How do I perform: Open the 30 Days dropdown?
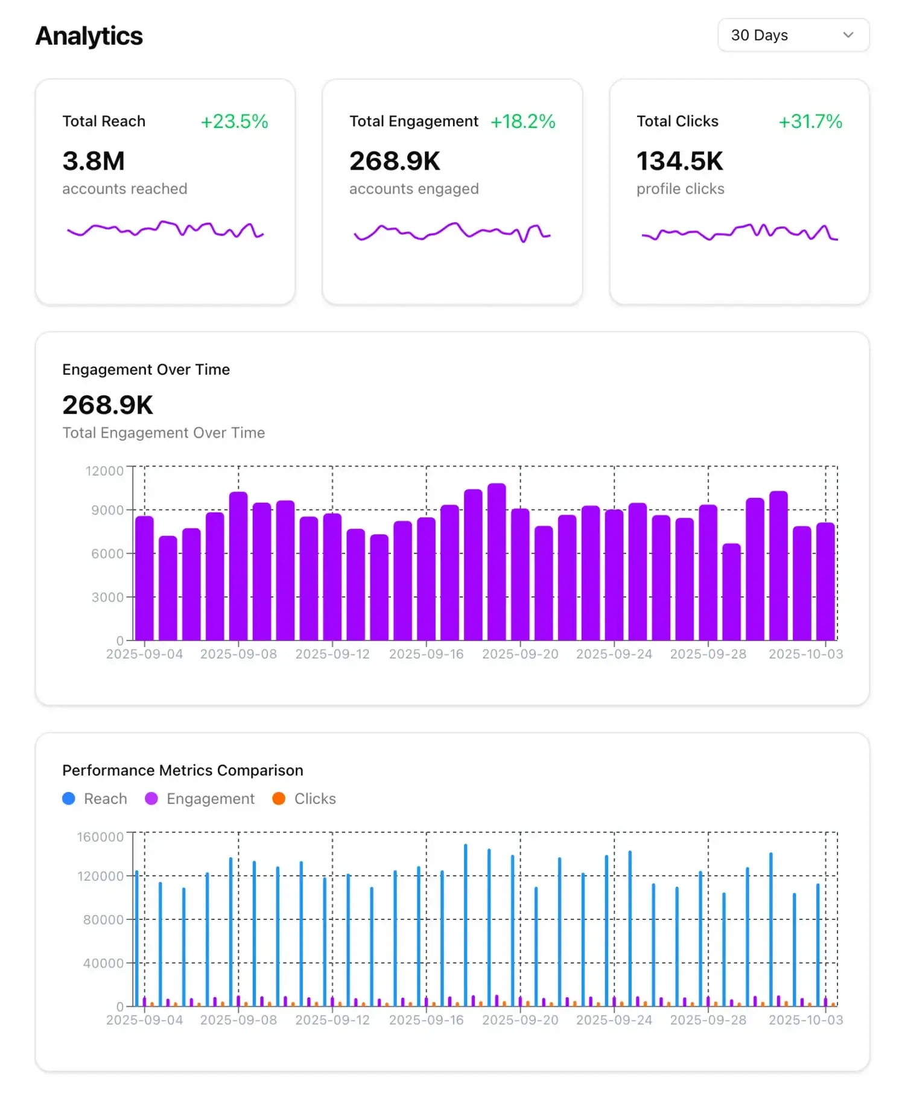(x=793, y=35)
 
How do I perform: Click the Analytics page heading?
(x=89, y=36)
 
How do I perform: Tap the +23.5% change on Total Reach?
(x=234, y=121)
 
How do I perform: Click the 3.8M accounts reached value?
(x=94, y=161)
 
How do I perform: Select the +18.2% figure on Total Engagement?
(x=522, y=121)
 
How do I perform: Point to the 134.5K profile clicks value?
(x=679, y=161)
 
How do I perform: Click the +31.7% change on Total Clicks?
(x=810, y=121)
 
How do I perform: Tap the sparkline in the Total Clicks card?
(x=739, y=232)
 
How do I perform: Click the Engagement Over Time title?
(x=146, y=369)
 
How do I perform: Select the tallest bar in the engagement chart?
(x=497, y=561)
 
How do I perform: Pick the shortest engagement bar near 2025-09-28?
(x=731, y=592)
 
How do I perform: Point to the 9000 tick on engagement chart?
(x=107, y=510)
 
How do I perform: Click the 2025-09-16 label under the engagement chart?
(x=426, y=654)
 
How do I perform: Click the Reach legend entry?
(x=95, y=799)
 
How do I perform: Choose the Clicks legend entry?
(x=305, y=799)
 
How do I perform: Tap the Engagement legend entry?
(x=201, y=799)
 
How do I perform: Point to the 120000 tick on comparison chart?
(x=100, y=876)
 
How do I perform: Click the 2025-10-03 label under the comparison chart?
(x=805, y=1020)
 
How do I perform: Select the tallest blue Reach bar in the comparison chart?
(x=465, y=924)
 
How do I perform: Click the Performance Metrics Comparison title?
(x=183, y=770)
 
